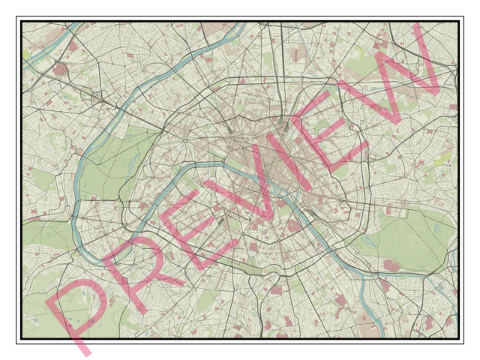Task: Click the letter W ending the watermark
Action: point(390,71)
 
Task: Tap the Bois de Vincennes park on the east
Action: point(409,240)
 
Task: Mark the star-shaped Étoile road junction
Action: point(183,139)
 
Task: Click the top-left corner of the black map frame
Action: point(22,22)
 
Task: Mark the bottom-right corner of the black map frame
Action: point(457,339)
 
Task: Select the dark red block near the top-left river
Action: point(59,70)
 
